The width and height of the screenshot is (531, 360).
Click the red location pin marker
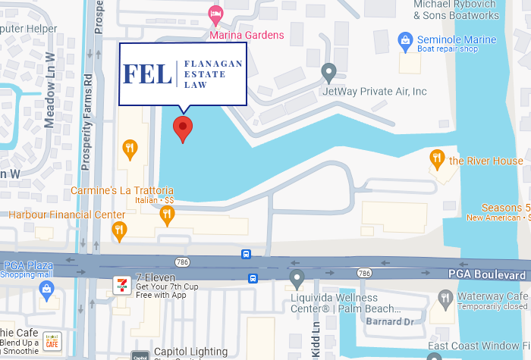pyautogui.click(x=182, y=128)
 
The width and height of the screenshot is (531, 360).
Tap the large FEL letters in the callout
pyautogui.click(x=147, y=74)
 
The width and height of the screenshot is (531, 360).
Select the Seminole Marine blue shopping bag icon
pyautogui.click(x=405, y=39)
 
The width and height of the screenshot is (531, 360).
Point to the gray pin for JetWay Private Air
pyautogui.click(x=328, y=72)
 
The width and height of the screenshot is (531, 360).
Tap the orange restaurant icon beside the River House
pyautogui.click(x=437, y=159)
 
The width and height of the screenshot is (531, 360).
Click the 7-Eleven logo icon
pyautogui.click(x=120, y=284)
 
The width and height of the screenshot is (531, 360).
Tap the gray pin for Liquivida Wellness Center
pyautogui.click(x=297, y=278)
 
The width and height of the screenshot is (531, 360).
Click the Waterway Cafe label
pyautogui.click(x=491, y=296)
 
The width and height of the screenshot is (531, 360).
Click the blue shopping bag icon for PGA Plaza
pyautogui.click(x=47, y=289)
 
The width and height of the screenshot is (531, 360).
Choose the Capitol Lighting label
pyautogui.click(x=190, y=352)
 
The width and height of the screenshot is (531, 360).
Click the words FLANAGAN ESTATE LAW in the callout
pyautogui.click(x=212, y=74)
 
